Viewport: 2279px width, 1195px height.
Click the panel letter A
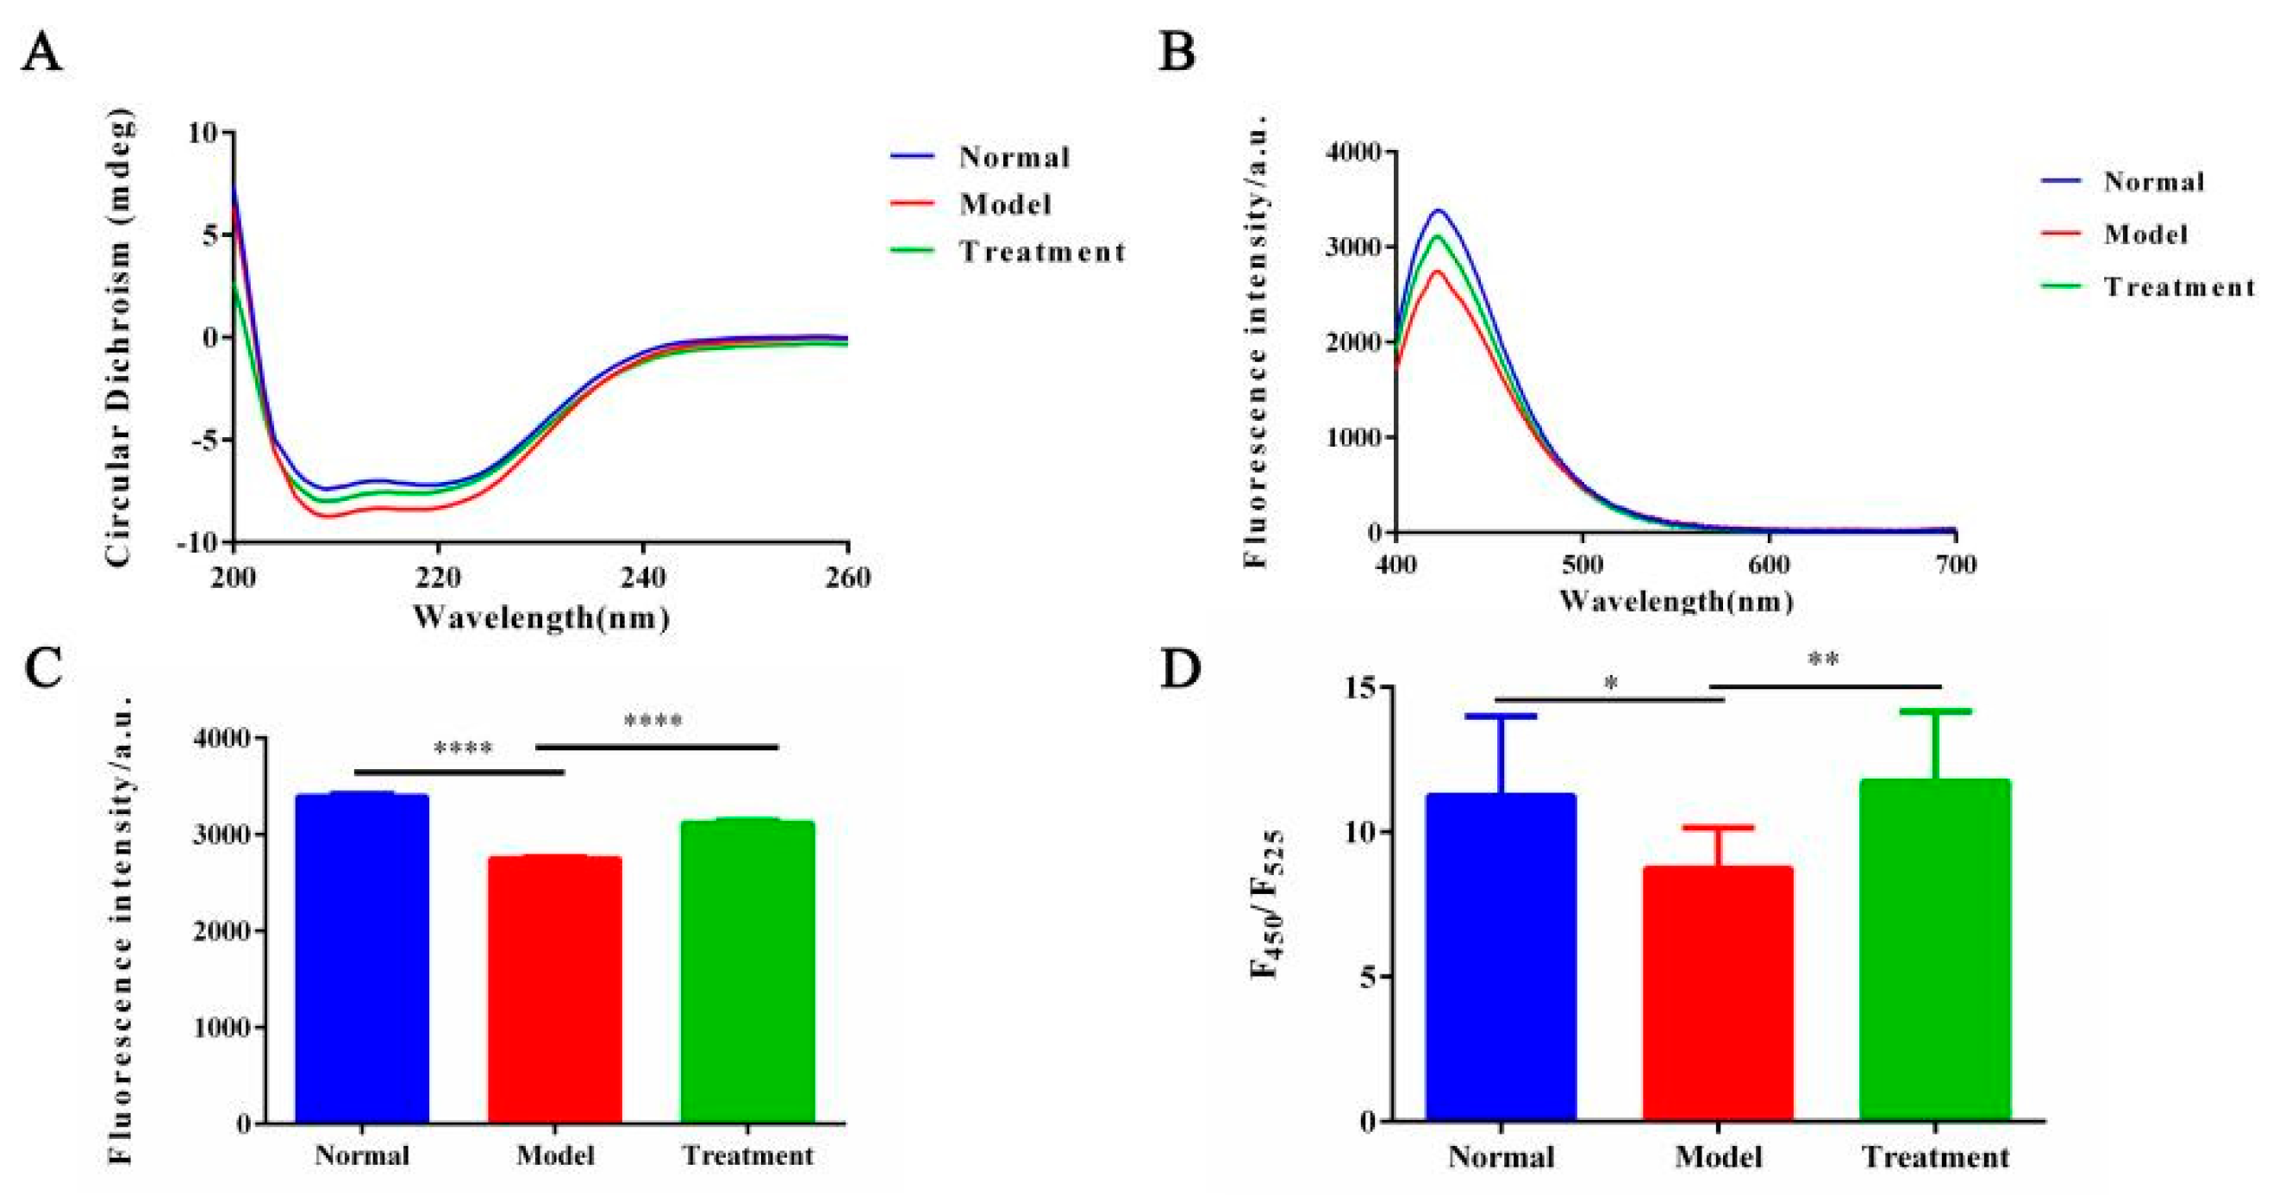[41, 55]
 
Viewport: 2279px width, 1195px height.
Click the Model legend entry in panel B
[2145, 235]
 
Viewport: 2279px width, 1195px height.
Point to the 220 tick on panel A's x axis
[438, 578]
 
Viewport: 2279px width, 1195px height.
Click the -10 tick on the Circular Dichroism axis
[198, 542]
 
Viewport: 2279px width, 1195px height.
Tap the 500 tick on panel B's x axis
[1582, 565]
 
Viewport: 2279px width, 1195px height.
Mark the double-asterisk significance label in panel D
[1824, 660]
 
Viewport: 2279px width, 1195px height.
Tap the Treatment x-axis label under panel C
[747, 1156]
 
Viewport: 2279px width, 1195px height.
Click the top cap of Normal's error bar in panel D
[1502, 716]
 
